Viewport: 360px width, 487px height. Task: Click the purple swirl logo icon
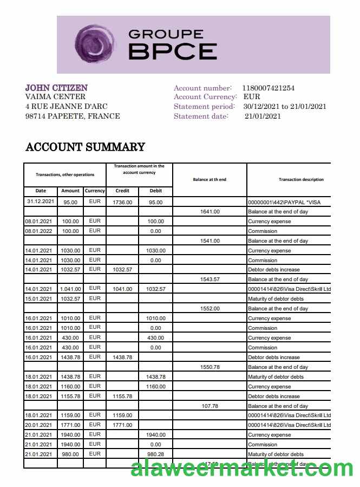[x=96, y=44]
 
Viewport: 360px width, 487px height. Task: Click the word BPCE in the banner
[x=173, y=51]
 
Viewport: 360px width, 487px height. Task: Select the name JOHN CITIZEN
[x=56, y=88]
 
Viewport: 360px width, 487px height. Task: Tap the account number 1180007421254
[x=269, y=88]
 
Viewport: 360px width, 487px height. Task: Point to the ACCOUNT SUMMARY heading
[x=85, y=147]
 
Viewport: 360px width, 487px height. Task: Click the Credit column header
[x=122, y=191]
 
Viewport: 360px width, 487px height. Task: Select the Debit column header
[x=155, y=191]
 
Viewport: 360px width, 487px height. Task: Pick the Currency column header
[x=95, y=191]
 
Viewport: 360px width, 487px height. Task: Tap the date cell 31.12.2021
[x=41, y=202]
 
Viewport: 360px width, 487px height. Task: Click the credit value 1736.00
[x=122, y=202]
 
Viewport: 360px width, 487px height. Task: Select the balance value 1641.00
[x=210, y=212]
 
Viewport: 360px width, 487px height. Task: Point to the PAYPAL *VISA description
[x=284, y=202]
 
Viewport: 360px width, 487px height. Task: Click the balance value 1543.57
[x=210, y=280]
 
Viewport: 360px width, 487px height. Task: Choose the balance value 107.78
[x=210, y=406]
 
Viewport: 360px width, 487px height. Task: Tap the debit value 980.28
[x=155, y=454]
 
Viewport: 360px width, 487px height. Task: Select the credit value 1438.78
[x=122, y=358]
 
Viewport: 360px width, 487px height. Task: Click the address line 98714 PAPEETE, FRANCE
[x=73, y=116]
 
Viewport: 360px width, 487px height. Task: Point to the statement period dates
[x=285, y=106]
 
